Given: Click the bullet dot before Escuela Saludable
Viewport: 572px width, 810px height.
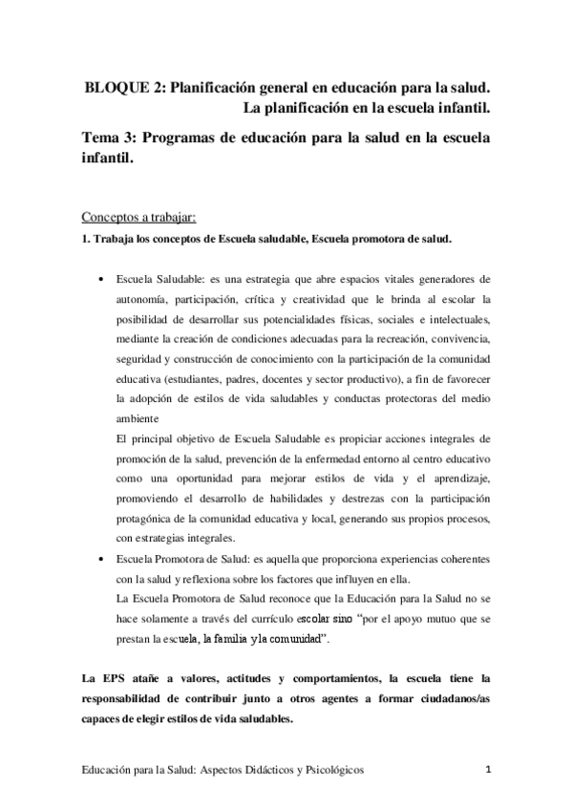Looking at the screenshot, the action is (102, 281).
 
